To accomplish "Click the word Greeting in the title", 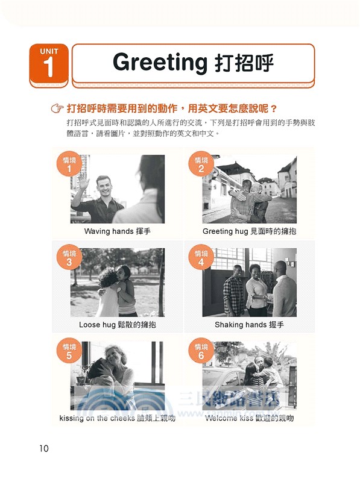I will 160,63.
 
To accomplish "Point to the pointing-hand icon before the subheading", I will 58,109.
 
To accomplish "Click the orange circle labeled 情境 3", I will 69,258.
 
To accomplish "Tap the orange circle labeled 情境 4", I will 201,258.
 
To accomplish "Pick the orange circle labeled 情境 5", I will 69,352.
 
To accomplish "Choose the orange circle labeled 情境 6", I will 201,352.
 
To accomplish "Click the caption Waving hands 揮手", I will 117,231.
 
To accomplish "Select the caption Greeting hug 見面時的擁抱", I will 249,231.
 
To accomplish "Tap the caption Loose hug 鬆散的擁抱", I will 117,325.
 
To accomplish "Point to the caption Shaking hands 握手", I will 249,325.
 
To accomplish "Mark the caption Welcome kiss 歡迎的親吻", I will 249,418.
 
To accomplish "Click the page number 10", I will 43,448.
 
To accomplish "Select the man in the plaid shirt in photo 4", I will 233,292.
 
